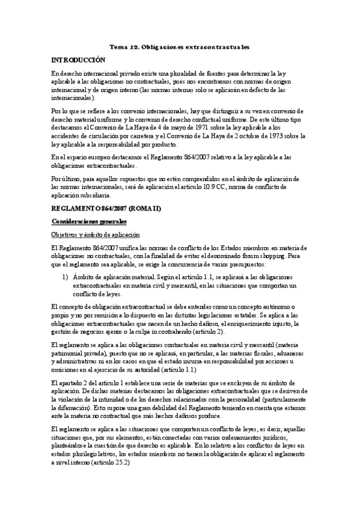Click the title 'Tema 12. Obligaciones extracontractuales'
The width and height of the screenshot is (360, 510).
[180, 46]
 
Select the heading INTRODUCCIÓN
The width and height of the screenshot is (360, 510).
[78, 60]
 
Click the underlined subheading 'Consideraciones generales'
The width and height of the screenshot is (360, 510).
[88, 222]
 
